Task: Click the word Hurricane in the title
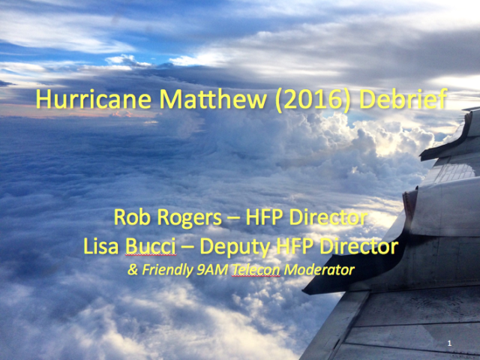coord(94,99)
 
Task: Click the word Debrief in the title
coord(403,98)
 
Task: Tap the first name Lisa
coord(100,246)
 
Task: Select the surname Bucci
coord(151,246)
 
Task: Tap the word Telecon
coord(256,270)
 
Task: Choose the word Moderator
coord(319,270)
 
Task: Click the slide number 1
coord(449,343)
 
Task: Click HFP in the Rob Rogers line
coord(264,217)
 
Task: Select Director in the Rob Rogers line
coord(328,217)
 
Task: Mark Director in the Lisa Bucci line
coord(358,246)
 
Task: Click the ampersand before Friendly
coord(133,270)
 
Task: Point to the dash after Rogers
coord(233,219)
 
